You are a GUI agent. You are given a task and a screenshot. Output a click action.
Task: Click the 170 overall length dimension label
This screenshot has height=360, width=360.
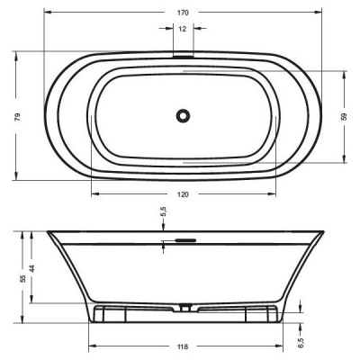[183, 13]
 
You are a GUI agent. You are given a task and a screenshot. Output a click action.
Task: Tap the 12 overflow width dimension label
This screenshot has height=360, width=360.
[183, 29]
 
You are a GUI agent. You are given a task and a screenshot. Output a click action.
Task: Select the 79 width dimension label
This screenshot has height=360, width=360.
[18, 117]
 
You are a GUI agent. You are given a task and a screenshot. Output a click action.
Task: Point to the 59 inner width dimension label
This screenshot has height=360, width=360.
[344, 117]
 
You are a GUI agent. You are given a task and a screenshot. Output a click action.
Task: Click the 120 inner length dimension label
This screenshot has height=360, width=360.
[183, 194]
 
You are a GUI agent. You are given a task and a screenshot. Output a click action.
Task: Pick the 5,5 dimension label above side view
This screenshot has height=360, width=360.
[164, 211]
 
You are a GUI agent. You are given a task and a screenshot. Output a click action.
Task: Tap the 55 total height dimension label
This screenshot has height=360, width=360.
[22, 278]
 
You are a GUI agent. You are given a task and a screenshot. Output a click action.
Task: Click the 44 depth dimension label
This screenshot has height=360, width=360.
[32, 268]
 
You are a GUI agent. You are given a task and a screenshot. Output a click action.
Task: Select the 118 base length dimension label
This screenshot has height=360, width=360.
[183, 346]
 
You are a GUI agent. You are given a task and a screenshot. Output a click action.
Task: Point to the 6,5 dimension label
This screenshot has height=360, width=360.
[301, 344]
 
